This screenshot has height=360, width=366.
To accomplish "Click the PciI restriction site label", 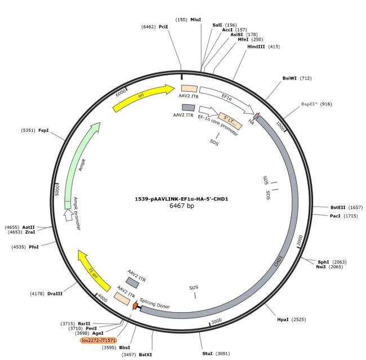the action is pyautogui.click(x=163, y=27).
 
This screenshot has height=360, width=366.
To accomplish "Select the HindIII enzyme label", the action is pyautogui.click(x=256, y=47).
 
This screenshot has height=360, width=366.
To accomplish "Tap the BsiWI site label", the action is pyautogui.click(x=289, y=78).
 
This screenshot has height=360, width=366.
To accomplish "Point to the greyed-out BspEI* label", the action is pyautogui.click(x=309, y=104).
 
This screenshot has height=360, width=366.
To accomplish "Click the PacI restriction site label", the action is pyautogui.click(x=335, y=216).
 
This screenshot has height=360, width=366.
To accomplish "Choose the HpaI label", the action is pyautogui.click(x=283, y=319).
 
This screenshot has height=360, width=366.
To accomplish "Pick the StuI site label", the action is pyautogui.click(x=207, y=353).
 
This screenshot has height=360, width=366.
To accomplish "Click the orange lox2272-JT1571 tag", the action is pyautogui.click(x=99, y=340).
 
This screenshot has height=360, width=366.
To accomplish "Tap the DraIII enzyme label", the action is pyautogui.click(x=55, y=294).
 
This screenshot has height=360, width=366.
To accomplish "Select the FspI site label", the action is pyautogui.click(x=43, y=130).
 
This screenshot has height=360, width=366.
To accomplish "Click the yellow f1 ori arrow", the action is pyautogui.click(x=93, y=271).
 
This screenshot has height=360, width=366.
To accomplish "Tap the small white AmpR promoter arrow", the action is pyautogui.click(x=68, y=215).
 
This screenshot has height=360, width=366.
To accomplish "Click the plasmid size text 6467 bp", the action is pyautogui.click(x=182, y=206).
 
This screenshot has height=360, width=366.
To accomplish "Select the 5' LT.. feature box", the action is pyautogui.click(x=230, y=121).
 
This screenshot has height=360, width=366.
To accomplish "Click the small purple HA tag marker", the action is pyautogui.click(x=257, y=115).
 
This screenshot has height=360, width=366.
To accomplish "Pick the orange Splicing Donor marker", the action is pyautogui.click(x=135, y=305).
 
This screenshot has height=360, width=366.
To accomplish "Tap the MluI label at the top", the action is pyautogui.click(x=195, y=20).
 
